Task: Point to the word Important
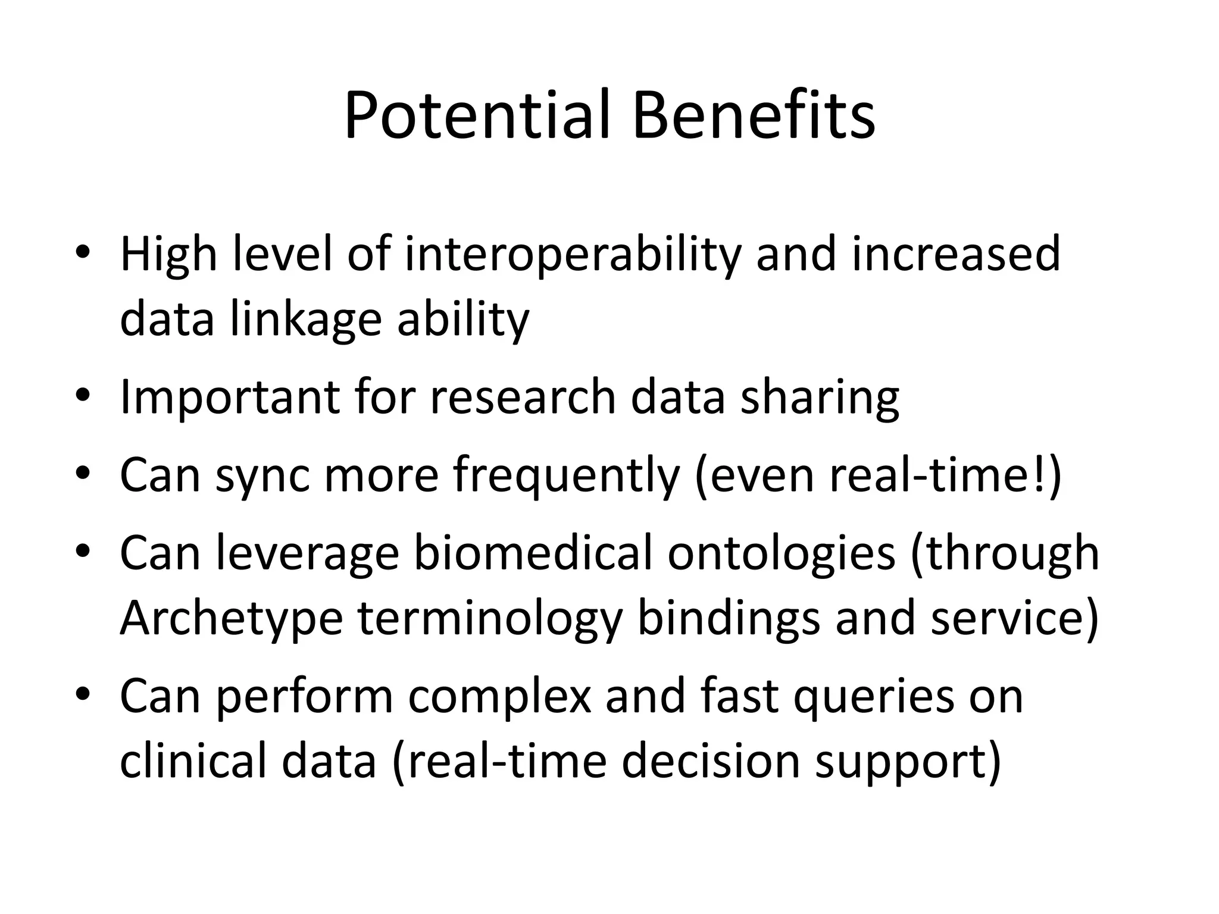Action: (x=230, y=397)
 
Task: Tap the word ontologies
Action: (x=781, y=553)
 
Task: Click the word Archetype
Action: (x=231, y=619)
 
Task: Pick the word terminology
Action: (x=489, y=619)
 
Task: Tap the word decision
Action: (x=710, y=761)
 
